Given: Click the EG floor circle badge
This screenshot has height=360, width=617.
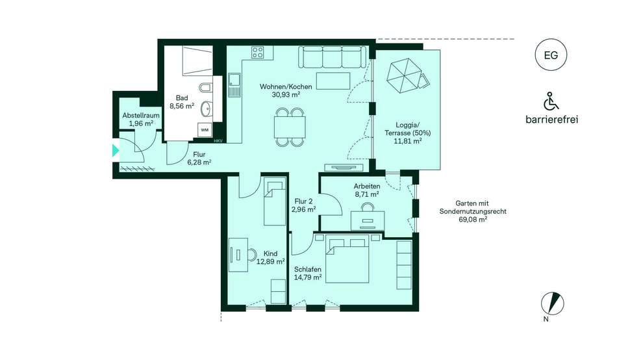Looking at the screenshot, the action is pyautogui.click(x=551, y=55).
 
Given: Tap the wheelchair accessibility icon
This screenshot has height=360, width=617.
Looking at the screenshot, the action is pyautogui.click(x=551, y=101).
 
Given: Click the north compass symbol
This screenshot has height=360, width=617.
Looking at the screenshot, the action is pyautogui.click(x=553, y=303).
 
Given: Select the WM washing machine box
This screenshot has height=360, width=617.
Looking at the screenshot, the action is pyautogui.click(x=205, y=129).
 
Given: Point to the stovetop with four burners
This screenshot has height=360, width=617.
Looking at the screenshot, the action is pyautogui.click(x=258, y=53).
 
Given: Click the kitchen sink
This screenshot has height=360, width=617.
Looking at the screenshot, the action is pyautogui.click(x=234, y=84).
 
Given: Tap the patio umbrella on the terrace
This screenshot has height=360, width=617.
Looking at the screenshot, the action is pyautogui.click(x=404, y=75).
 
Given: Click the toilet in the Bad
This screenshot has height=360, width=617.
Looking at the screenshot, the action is pyautogui.click(x=206, y=87).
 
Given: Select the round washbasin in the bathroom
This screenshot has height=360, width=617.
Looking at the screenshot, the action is pyautogui.click(x=206, y=109).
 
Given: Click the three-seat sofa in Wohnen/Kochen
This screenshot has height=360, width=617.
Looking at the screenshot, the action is pyautogui.click(x=333, y=57).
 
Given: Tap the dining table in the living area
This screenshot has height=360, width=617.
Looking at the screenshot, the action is pyautogui.click(x=290, y=127).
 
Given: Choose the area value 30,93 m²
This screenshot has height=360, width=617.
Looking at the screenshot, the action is pyautogui.click(x=286, y=94).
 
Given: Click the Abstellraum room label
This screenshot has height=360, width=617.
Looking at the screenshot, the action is pyautogui.click(x=141, y=116).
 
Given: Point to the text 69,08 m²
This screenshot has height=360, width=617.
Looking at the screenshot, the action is pyautogui.click(x=473, y=220).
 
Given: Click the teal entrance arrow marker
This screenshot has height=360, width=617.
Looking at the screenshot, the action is pyautogui.click(x=116, y=151).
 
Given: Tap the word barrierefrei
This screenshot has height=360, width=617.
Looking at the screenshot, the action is pyautogui.click(x=551, y=120).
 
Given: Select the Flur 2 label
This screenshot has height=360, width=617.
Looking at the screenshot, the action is pyautogui.click(x=303, y=201).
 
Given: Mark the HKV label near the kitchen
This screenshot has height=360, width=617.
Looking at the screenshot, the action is pyautogui.click(x=218, y=140).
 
